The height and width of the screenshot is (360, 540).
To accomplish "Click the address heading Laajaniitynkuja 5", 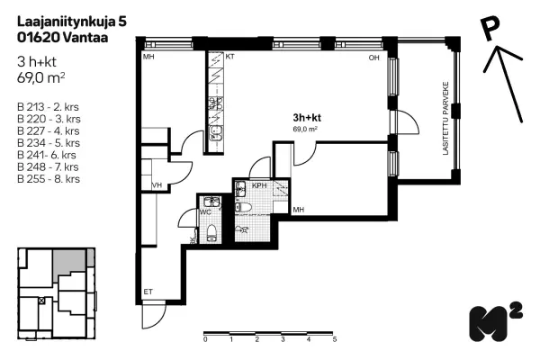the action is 72,22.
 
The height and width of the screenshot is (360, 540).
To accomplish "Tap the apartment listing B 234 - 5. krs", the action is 49,143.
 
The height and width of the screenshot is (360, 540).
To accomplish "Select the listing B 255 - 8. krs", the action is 49,179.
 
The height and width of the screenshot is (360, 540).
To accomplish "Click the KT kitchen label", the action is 229,57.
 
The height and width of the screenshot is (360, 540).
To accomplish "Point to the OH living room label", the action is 374,58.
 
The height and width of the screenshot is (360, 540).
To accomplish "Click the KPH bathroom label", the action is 259,185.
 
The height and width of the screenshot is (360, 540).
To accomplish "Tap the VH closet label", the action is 157,185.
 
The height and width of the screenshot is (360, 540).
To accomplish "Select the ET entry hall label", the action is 148,292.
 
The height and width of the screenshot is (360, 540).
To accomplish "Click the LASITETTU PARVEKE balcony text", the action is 446,118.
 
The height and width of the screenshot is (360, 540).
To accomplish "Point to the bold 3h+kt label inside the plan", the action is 307,118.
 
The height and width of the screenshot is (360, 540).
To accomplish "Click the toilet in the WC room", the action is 211,233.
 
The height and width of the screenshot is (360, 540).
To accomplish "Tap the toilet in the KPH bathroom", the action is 243,207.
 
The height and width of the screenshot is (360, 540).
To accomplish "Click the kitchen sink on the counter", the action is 216,133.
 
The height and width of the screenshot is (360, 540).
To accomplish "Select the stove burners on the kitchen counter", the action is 216,103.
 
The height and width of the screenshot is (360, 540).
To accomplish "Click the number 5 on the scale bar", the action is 335,339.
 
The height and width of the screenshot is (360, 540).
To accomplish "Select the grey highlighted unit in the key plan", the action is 69,262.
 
